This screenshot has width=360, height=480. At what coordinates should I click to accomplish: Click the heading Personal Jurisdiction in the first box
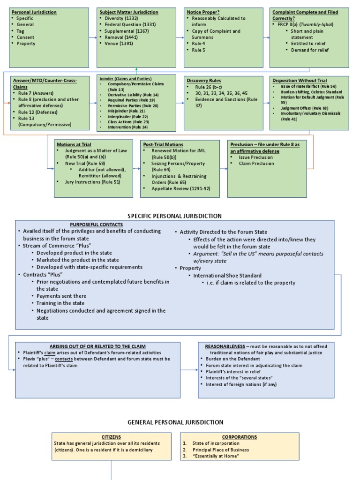[x=34, y=12]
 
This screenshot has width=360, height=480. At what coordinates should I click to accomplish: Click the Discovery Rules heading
[x=204, y=81]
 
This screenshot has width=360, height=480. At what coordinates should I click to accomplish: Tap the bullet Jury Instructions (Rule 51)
[x=92, y=182]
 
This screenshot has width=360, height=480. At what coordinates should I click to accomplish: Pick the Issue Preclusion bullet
[x=255, y=157]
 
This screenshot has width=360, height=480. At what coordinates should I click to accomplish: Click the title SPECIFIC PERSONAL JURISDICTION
[x=175, y=216]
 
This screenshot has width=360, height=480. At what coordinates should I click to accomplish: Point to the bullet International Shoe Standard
[x=227, y=276]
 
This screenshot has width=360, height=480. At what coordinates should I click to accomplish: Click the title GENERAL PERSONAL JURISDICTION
[x=175, y=422]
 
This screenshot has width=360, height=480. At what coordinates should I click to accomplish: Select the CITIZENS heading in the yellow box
[x=111, y=437]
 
